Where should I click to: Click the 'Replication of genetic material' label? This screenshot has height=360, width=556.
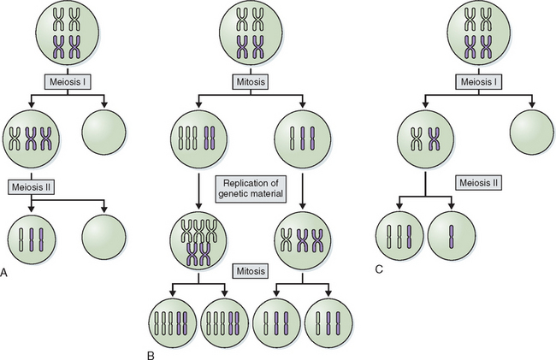point(251,189)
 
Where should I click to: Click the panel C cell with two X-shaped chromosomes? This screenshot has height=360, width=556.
point(425,137)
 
